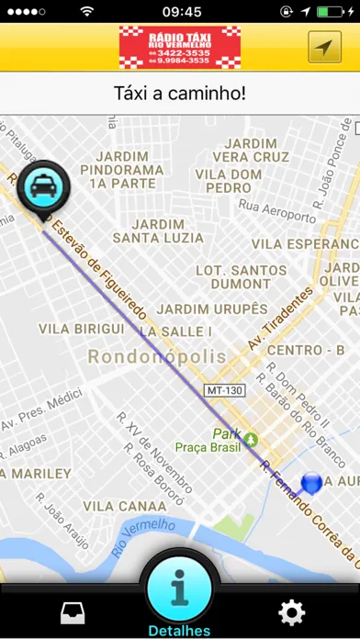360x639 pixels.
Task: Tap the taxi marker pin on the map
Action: coord(41,188)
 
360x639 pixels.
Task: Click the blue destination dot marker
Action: coord(311,482)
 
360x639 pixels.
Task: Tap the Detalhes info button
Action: coord(180,591)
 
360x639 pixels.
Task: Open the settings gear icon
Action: coord(292,612)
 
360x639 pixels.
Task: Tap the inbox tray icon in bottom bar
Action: coord(73,613)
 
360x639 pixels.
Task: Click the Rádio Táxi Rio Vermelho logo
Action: coord(180,45)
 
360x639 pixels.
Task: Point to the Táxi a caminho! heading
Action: coord(180,94)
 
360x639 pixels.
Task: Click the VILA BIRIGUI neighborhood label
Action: coord(83,329)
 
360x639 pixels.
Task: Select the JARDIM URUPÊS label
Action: coord(212,308)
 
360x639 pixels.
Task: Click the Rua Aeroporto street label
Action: coord(277,206)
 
